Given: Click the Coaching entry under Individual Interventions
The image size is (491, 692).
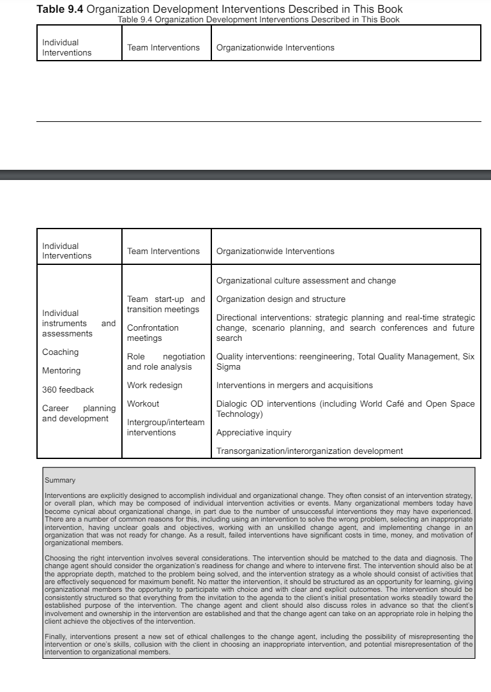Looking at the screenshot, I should click(60, 352).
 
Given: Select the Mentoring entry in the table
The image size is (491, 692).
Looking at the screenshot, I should click(61, 371).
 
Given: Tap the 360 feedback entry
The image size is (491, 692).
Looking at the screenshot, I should click(68, 389).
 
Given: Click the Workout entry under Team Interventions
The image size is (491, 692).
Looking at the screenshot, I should click(143, 404).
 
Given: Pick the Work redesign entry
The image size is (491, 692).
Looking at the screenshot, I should click(155, 386).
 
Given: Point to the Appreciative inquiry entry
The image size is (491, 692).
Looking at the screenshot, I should click(253, 433).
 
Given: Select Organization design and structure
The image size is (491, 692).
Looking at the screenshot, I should click(280, 299).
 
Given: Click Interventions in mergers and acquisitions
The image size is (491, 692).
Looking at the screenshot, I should click(294, 386).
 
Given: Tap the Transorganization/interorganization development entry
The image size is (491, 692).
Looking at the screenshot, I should click(309, 451).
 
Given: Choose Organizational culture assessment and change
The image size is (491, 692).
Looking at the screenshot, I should click(306, 281).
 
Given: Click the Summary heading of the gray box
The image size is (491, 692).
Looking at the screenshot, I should click(60, 480).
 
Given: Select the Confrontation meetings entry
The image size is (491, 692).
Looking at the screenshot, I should click(153, 333).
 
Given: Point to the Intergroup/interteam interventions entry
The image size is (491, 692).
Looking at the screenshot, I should click(165, 428).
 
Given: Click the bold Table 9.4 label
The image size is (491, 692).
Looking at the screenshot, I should click(60, 9).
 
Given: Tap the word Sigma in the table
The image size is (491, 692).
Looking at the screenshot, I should click(229, 367).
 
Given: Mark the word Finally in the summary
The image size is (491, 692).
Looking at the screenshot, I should click(56, 636).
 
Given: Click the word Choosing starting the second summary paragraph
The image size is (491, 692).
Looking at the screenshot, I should click(61, 558).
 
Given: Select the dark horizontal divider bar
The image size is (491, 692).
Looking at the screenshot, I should click(245, 175).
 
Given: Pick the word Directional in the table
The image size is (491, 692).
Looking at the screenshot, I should click(237, 318).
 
